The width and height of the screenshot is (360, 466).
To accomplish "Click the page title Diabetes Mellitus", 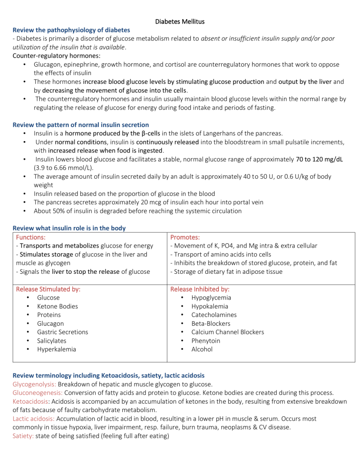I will tap(180, 21).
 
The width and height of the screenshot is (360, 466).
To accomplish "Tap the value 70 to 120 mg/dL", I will tap(319, 159).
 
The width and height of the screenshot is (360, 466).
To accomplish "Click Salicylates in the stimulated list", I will tap(53, 340).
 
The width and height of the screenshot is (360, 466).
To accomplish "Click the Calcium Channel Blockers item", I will tap(227, 332).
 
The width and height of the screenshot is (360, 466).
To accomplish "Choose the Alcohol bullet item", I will tap(202, 349).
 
